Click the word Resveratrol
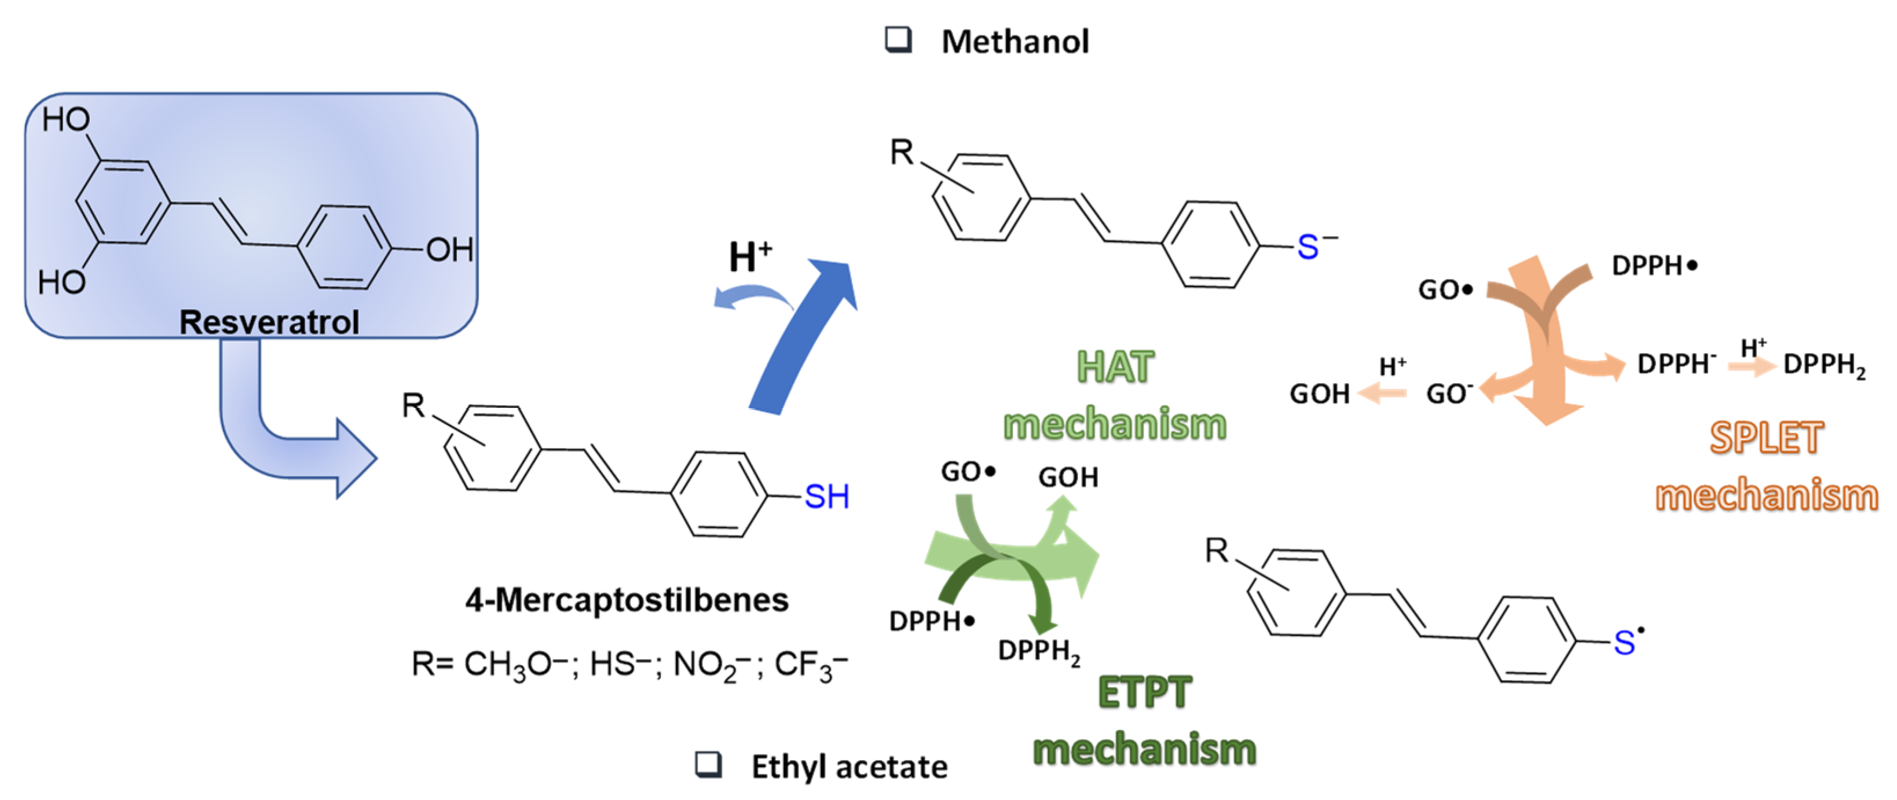coord(269,322)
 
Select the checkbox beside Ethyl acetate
coord(708,765)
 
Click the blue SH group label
coord(826,497)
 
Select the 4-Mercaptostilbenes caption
coord(627,600)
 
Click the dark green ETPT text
coord(1144,692)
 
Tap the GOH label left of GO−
coord(1319,394)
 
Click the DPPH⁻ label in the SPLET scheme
coord(1676,364)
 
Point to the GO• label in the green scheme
coord(968,472)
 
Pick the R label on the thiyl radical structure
coord(1216,550)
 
